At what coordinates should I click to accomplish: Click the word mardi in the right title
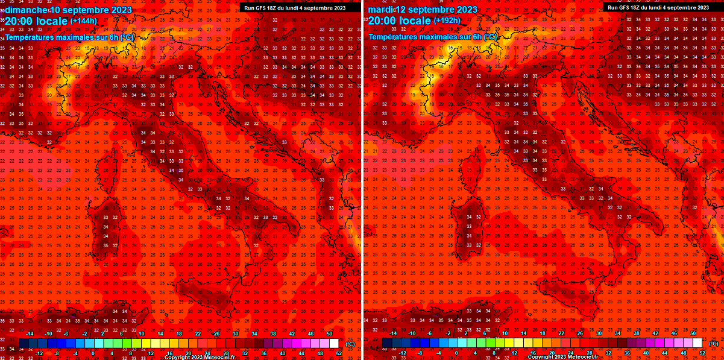tap(380, 10)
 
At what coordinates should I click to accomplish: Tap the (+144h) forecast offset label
tap(83, 21)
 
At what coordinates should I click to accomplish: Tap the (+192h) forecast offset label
tap(447, 21)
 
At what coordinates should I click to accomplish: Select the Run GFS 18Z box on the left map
tap(295, 7)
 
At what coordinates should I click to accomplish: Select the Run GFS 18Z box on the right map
tap(658, 7)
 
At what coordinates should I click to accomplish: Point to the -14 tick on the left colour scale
tap(28, 333)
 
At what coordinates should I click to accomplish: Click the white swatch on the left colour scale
tap(334, 343)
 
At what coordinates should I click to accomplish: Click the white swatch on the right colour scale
tap(697, 343)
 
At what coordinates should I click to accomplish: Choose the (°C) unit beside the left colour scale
tap(350, 344)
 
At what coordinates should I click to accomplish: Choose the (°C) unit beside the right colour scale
tap(713, 344)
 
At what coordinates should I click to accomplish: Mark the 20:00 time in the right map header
tap(381, 21)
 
